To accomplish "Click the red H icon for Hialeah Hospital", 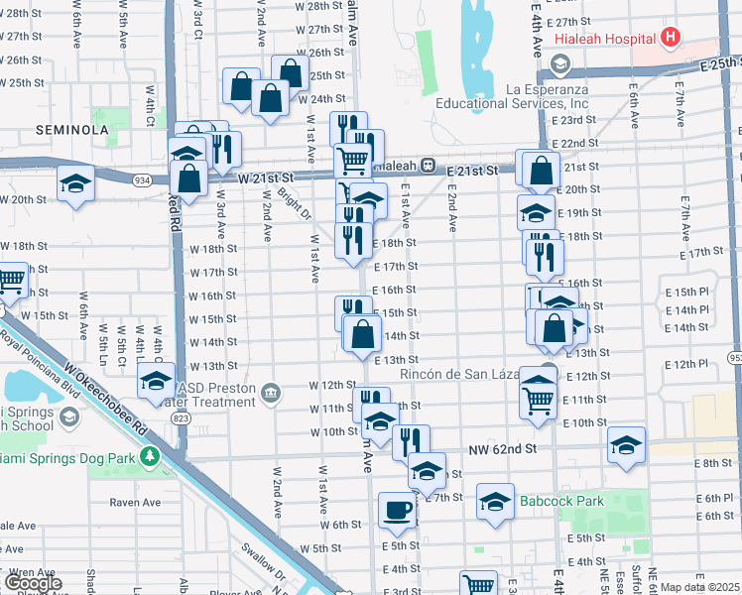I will tap(672, 39).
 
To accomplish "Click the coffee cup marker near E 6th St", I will tap(397, 511).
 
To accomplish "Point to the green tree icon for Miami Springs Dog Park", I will tap(150, 457).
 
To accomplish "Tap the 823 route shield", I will tap(181, 418).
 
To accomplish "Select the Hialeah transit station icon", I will tap(428, 165).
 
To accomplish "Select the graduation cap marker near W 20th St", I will tap(75, 184).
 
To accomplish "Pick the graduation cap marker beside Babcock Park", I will tap(495, 501).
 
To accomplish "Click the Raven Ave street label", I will tap(135, 502).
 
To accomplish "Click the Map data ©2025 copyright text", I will tap(700, 587).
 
